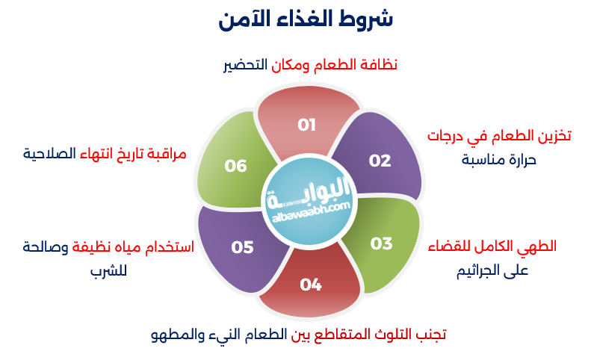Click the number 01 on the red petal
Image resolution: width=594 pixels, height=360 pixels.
[x=307, y=125]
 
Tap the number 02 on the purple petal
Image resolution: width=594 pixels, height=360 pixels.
[x=380, y=160]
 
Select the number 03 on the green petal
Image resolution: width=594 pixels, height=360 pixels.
[x=381, y=243]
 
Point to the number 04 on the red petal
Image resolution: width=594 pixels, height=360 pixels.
[x=311, y=284]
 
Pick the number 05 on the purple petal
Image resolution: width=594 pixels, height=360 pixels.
[x=243, y=247]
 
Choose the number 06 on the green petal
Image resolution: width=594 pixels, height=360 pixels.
[x=236, y=166]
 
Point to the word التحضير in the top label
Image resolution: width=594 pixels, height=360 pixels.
[x=246, y=65]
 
